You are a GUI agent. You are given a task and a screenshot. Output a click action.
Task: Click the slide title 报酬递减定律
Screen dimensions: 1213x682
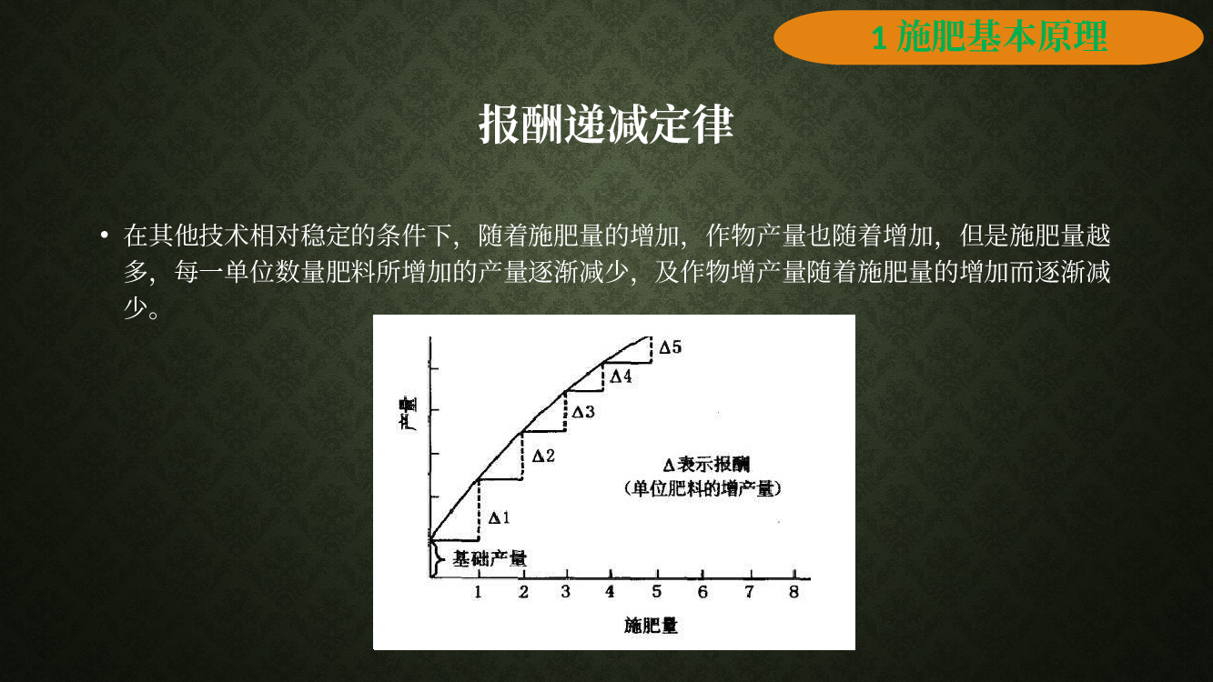point(606,125)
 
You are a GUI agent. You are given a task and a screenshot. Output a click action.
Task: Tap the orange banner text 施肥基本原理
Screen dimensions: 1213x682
point(1003,36)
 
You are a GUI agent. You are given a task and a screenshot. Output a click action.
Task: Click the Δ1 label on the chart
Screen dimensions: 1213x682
point(499,518)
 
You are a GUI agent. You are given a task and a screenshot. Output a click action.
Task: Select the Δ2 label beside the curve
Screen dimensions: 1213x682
point(543,456)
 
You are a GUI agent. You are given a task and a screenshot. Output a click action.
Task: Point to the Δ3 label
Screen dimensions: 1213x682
point(583,413)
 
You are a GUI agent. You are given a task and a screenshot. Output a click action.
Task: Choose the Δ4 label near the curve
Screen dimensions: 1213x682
point(621,376)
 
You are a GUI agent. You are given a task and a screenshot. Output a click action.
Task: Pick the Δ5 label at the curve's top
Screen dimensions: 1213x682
point(671,347)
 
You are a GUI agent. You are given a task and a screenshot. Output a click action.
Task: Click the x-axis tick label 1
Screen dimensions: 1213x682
point(478,592)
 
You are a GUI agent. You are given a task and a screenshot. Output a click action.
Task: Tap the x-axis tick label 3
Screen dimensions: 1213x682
point(565,592)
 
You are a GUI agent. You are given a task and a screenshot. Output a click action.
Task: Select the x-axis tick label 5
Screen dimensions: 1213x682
point(656,592)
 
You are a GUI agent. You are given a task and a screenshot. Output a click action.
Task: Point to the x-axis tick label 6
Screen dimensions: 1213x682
point(703,592)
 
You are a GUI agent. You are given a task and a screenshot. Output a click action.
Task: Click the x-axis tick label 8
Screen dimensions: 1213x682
point(794,592)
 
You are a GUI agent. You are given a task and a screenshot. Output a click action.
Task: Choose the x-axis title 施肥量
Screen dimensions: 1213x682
point(651,626)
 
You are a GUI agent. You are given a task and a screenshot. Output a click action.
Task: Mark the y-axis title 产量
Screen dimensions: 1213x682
point(408,414)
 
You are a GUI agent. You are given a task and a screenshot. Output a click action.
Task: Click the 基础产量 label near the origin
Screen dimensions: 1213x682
point(490,558)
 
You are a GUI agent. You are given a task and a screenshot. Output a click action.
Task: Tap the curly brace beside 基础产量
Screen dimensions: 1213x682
point(437,558)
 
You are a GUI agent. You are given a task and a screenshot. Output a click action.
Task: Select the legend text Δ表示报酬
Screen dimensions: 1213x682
point(706,465)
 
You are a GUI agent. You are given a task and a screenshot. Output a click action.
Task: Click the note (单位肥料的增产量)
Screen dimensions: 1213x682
point(703,489)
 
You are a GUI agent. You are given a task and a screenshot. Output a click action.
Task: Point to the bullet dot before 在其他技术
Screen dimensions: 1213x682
point(105,236)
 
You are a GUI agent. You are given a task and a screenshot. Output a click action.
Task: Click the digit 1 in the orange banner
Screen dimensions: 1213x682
point(879,38)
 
